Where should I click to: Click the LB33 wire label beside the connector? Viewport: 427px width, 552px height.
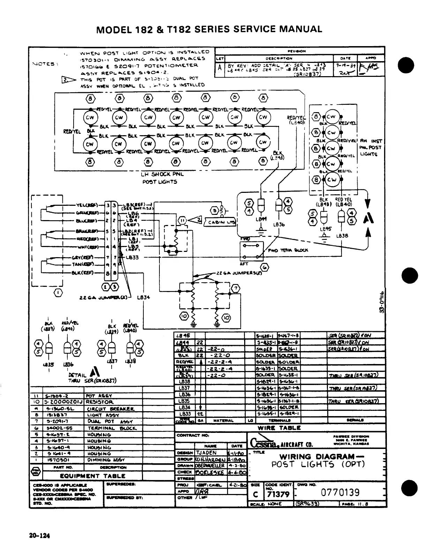coord(133,257)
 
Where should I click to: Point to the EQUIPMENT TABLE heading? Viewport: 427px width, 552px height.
coord(93,475)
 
